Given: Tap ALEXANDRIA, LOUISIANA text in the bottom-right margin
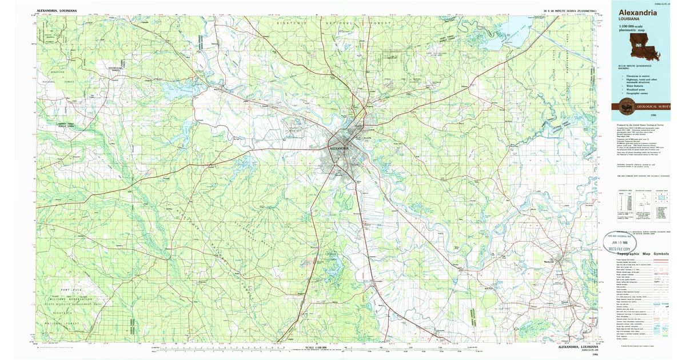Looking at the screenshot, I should (578, 347).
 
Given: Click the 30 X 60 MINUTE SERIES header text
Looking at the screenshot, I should (570, 11).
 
